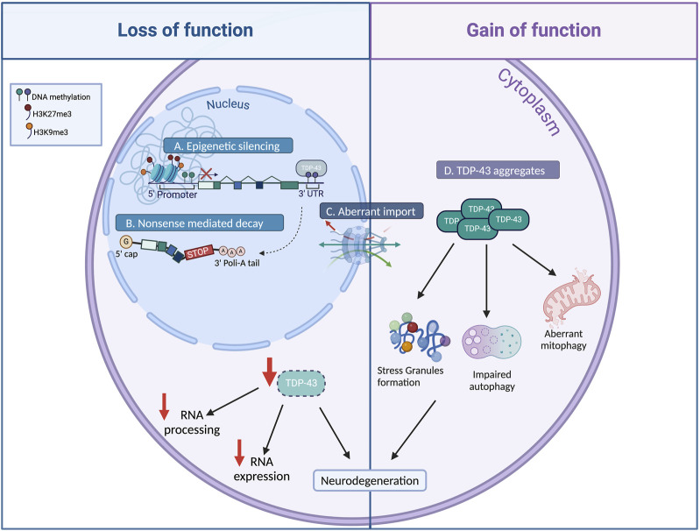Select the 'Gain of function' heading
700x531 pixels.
click(534, 30)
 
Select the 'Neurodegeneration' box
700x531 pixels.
click(372, 480)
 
